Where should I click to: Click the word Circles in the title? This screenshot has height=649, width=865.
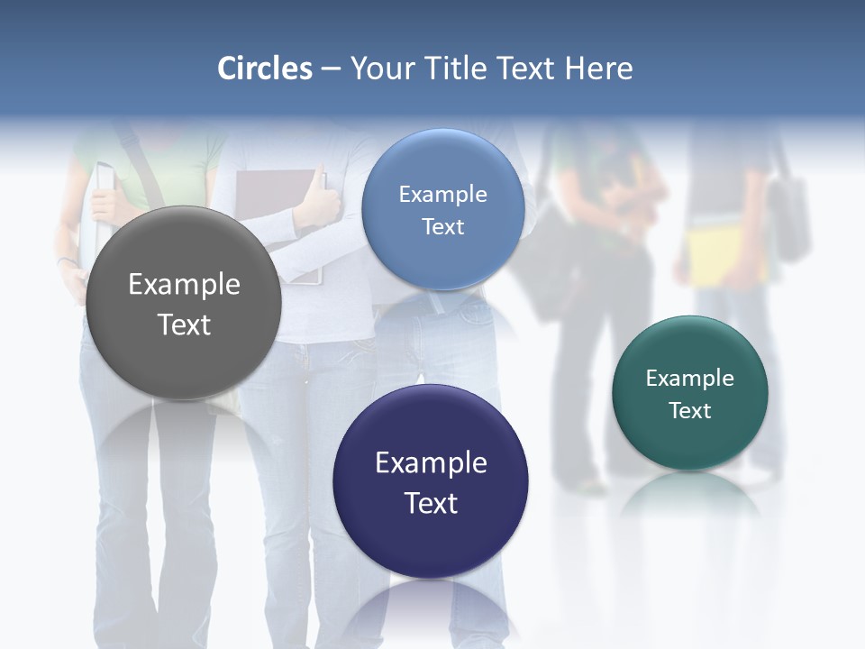click(x=265, y=69)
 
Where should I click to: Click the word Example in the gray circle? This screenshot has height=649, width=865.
click(x=184, y=285)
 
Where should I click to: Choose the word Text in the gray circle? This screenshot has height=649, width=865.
click(x=184, y=324)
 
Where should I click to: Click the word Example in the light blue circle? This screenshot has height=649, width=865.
click(x=442, y=195)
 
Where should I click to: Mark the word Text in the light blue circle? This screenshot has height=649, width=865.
click(x=442, y=227)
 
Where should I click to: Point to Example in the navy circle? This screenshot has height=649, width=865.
click(x=431, y=463)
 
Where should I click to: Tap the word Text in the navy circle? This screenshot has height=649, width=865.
click(x=431, y=503)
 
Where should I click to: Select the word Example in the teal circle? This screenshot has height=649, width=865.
click(x=690, y=379)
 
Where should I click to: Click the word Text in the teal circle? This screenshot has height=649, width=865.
click(x=690, y=411)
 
